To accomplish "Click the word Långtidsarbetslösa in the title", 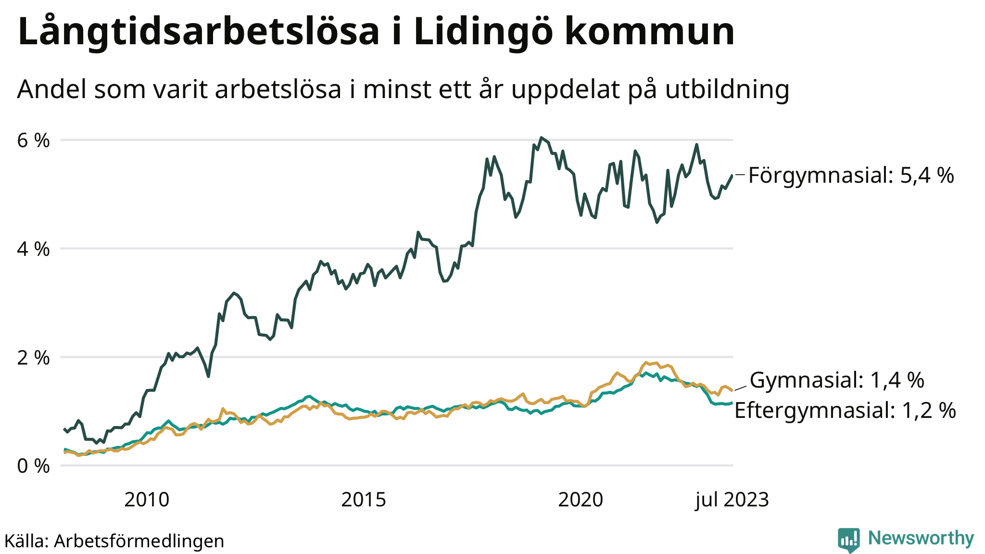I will point(199,32).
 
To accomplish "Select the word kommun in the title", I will point(649,32).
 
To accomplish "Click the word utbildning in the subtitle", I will point(727,89).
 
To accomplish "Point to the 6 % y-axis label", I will point(34,141).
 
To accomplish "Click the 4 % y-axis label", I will point(34,250).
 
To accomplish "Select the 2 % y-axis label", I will point(34,358).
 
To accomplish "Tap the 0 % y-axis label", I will point(34,466).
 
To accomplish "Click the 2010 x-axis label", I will point(147,500).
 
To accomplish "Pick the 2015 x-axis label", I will point(364,500).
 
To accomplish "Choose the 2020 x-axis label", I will point(581,500).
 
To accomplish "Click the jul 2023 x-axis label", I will point(732,500).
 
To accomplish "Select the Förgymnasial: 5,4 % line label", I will point(851,176).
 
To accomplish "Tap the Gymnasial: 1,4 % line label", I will point(837,380).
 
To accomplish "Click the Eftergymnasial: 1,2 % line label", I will point(845,411).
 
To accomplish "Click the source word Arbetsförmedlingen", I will point(139,541).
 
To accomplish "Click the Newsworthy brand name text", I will point(921,538).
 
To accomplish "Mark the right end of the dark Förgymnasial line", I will point(732,176).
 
